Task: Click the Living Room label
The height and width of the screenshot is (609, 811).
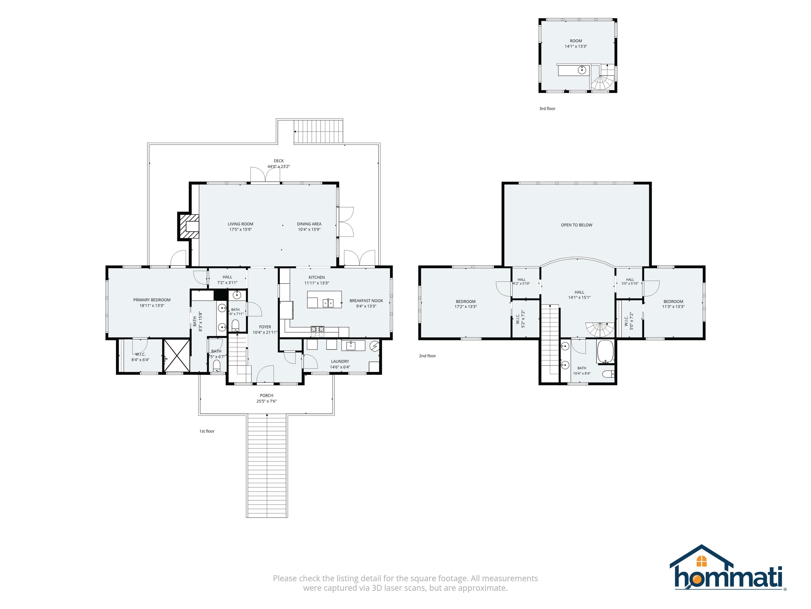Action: click(x=241, y=224)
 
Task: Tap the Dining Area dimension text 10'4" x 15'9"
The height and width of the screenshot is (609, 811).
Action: click(x=309, y=230)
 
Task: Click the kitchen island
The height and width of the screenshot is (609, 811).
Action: click(x=324, y=299)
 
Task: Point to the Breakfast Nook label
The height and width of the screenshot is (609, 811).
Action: click(x=366, y=301)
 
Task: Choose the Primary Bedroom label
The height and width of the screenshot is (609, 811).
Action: click(x=152, y=300)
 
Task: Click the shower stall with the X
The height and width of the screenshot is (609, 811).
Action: click(x=177, y=356)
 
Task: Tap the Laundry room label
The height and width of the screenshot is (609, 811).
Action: click(x=340, y=362)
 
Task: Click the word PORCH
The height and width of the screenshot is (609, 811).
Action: click(x=267, y=396)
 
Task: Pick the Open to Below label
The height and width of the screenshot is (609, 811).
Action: click(x=576, y=225)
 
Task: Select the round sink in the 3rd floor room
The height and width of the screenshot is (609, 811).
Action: click(x=582, y=70)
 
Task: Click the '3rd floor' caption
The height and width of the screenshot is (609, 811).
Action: click(x=547, y=109)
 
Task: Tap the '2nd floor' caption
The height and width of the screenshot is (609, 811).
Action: click(x=427, y=356)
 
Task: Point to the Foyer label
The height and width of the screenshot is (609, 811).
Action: click(x=265, y=327)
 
